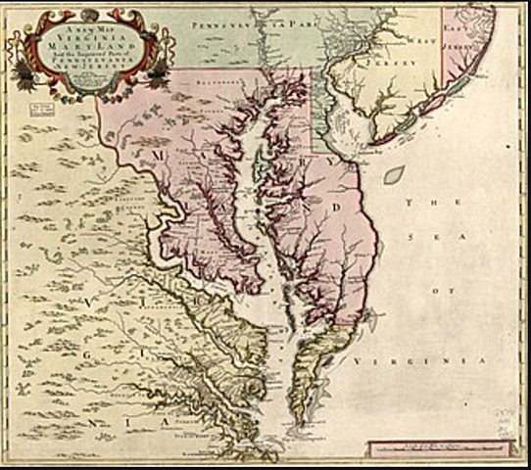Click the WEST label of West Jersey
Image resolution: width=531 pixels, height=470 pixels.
coord(420,42)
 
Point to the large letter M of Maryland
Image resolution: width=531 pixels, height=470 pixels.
coord(156,154)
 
